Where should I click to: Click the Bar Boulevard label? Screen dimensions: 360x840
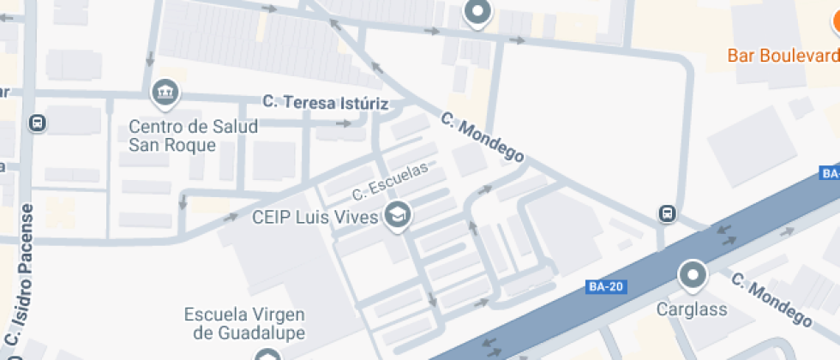(x=783, y=56)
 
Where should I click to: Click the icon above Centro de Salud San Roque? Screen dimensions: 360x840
(x=162, y=91)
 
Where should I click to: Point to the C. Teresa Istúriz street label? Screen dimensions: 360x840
(x=326, y=103)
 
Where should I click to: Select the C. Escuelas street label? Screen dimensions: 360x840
(x=390, y=180)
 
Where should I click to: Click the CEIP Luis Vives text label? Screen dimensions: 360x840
(x=315, y=217)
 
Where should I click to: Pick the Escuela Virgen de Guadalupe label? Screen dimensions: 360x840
(x=244, y=321)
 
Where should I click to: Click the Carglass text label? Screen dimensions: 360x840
(x=692, y=309)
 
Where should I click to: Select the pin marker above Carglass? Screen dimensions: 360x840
(x=692, y=276)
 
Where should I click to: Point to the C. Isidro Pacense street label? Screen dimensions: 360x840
(x=21, y=283)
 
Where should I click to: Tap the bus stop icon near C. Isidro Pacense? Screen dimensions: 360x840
(x=38, y=123)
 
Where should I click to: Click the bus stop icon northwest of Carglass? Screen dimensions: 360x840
(x=667, y=213)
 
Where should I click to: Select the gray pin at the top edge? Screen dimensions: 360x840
(x=477, y=13)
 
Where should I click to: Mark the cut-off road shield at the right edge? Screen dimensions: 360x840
(x=830, y=173)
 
